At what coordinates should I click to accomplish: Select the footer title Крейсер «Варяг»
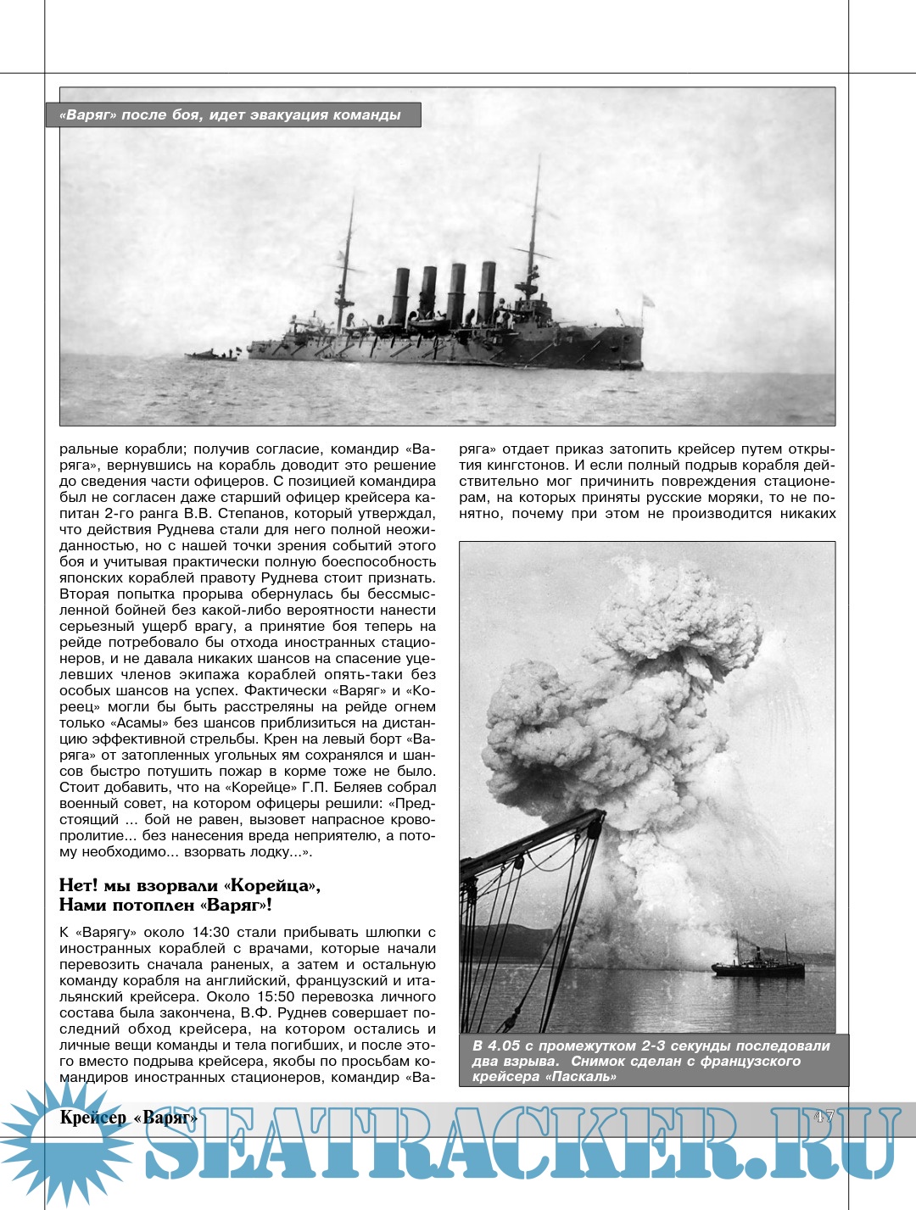coord(129,1118)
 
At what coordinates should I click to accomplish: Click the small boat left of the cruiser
coord(210,355)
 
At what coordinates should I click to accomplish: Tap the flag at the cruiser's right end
coord(648,299)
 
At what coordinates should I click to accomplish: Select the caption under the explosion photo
coord(651,1061)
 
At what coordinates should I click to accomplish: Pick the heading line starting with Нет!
coord(189,886)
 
